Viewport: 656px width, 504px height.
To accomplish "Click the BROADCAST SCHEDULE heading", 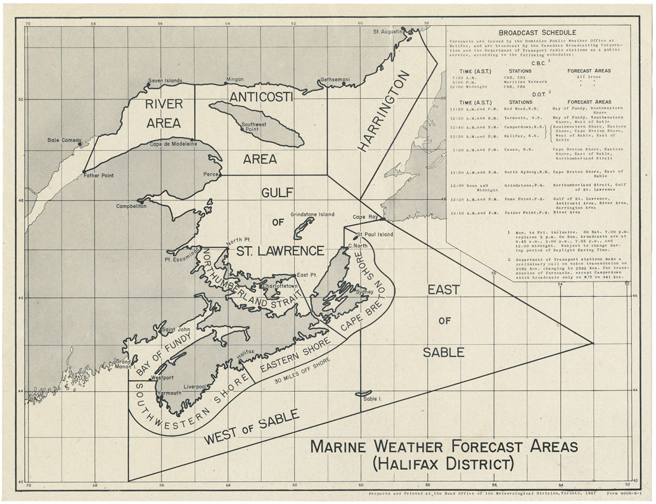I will (537, 32).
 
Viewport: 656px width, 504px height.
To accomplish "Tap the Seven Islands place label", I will (165, 81).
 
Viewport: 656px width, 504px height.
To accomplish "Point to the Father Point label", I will (98, 176).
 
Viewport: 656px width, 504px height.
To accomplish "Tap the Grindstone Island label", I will (312, 215).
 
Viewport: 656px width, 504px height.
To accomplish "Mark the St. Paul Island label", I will (375, 235).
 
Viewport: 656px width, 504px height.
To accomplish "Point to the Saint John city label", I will (177, 330).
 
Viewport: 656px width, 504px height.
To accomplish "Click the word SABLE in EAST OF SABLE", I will (444, 352).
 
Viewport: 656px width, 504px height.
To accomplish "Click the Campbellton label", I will (131, 207).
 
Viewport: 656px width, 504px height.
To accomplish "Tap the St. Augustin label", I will (388, 31).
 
